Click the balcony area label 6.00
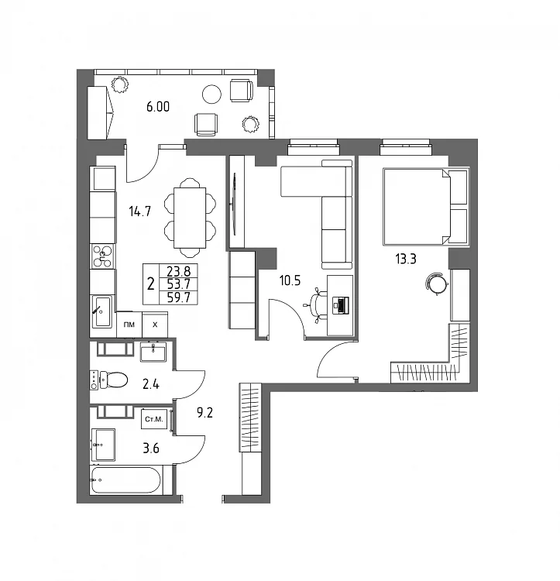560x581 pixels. click(158, 107)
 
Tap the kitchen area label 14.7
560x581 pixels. click(139, 211)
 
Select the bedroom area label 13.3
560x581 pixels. click(406, 259)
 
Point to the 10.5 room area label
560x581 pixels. click(290, 281)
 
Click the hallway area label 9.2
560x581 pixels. click(204, 412)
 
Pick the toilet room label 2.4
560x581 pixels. click(151, 384)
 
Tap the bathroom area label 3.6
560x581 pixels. click(151, 449)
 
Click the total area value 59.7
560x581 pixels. click(178, 297)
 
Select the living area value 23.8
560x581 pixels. click(178, 272)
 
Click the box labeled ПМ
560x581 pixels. click(129, 325)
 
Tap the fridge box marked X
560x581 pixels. click(155, 325)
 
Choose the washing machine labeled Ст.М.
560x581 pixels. click(154, 419)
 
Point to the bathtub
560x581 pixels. click(126, 480)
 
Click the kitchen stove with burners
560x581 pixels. click(102, 256)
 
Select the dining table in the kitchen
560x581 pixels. click(190, 218)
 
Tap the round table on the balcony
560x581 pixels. click(212, 94)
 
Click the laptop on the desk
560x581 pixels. click(341, 305)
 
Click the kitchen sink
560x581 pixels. click(101, 311)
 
